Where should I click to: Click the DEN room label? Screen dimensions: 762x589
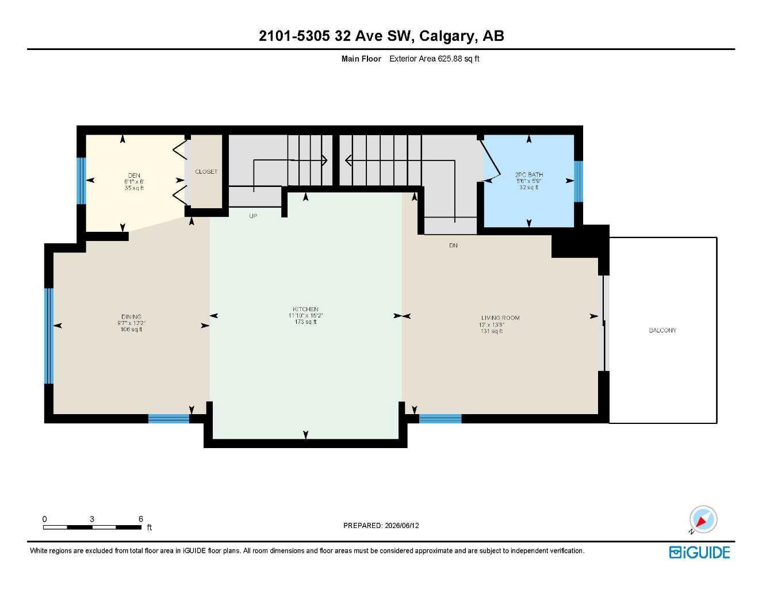coord(134,175)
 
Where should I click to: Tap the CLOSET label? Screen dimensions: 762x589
coord(206,171)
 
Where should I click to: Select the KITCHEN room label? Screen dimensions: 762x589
coord(305,309)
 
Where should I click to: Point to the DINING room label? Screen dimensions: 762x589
coord(132,316)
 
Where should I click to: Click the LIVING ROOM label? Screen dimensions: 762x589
coord(500,318)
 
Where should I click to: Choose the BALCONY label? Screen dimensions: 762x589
coord(663,330)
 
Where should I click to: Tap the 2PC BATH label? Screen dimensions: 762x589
coord(529,175)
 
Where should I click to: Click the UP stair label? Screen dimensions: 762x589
coord(253,216)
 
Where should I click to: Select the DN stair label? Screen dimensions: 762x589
coord(453,246)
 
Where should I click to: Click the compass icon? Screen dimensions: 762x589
coord(703,519)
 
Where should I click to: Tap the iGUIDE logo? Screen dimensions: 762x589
coord(699,553)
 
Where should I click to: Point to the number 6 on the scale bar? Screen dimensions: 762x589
coord(141,519)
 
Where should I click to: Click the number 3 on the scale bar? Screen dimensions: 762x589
coord(92,519)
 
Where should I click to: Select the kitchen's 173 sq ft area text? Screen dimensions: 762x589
coord(305,322)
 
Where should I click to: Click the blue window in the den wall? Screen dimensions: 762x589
coord(81,181)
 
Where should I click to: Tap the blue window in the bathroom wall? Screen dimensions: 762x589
coord(578,181)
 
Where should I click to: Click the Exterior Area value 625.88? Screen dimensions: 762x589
coord(450,59)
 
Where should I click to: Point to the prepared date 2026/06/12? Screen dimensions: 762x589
coord(402,526)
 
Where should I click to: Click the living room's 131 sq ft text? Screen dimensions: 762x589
coord(492,331)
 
